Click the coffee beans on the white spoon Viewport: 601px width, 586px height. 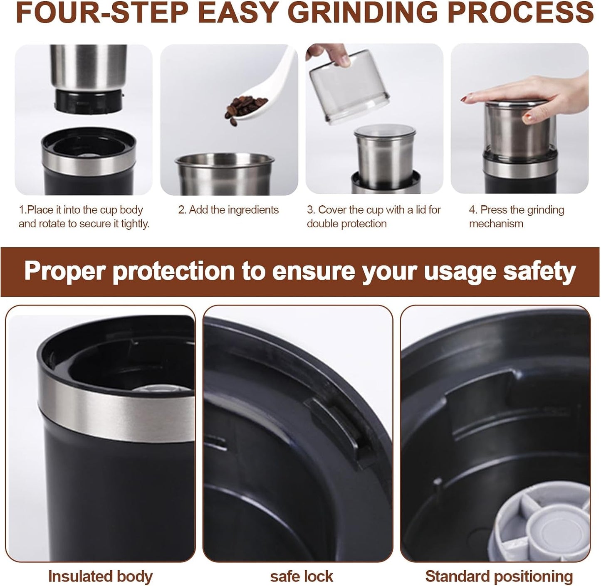pyautogui.click(x=246, y=106)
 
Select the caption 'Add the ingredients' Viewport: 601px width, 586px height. pyautogui.click(x=228, y=210)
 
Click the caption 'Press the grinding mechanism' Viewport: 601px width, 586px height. pyautogui.click(x=516, y=217)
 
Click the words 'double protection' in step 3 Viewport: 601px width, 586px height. pyautogui.click(x=346, y=224)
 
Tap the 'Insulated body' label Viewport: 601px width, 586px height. pyautogui.click(x=100, y=576)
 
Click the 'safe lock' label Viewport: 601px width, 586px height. pyautogui.click(x=301, y=576)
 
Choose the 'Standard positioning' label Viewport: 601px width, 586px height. pyautogui.click(x=499, y=576)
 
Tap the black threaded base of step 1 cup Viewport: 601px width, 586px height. pyautogui.click(x=89, y=100)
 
